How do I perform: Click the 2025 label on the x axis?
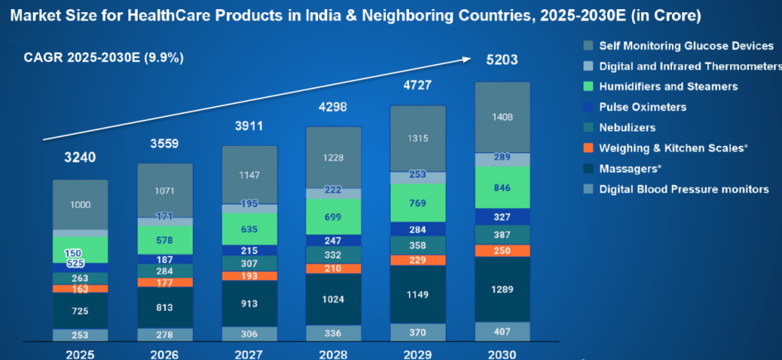80,354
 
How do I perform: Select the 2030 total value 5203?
502,59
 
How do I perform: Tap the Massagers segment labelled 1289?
502,290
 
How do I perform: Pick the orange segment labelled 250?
502,251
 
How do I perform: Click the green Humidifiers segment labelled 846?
502,186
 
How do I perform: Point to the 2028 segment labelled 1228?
333,157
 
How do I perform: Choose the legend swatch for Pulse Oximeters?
587,107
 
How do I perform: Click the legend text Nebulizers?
627,128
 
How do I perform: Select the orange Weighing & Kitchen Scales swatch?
587,148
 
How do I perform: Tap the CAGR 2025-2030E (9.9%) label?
104,58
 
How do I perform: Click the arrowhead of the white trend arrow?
467,57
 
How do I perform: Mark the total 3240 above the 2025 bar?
80,158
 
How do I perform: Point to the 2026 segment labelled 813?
165,307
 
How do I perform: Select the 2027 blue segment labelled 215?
249,250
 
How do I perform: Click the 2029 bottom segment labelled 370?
418,332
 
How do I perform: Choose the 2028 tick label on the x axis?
333,354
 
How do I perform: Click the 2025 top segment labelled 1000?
80,205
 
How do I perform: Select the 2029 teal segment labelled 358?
418,245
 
